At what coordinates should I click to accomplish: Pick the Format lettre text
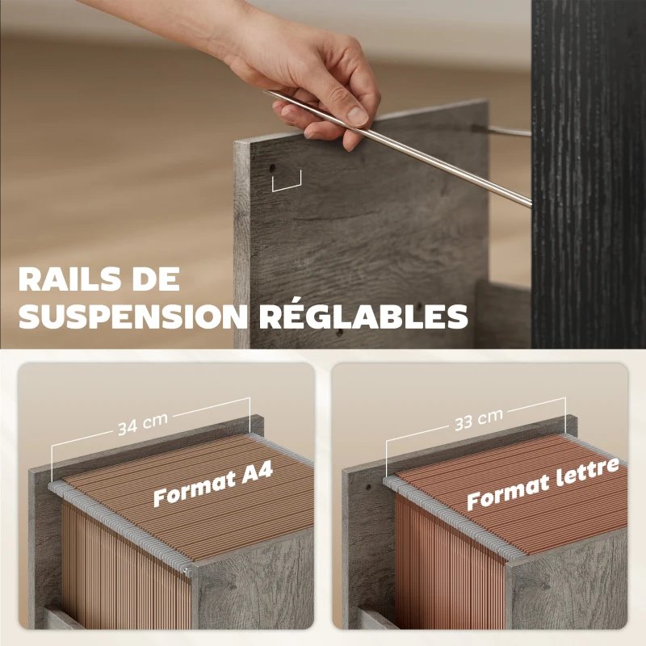pos(543,484)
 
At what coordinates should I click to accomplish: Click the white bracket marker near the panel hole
pos(286,182)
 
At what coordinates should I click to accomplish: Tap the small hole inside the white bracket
pos(273,169)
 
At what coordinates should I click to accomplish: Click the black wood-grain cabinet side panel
pos(588,161)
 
